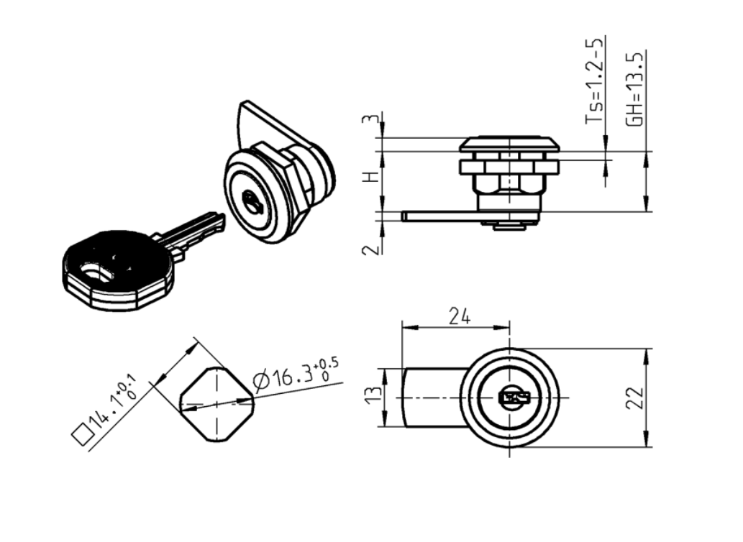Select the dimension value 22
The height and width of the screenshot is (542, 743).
point(633,398)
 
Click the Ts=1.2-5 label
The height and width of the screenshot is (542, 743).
point(593,83)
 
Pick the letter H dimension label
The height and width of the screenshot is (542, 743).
point(371,177)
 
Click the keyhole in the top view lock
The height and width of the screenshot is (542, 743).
point(513,398)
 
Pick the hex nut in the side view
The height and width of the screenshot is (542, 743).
point(509,167)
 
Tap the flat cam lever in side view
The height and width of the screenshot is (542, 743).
point(439,216)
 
